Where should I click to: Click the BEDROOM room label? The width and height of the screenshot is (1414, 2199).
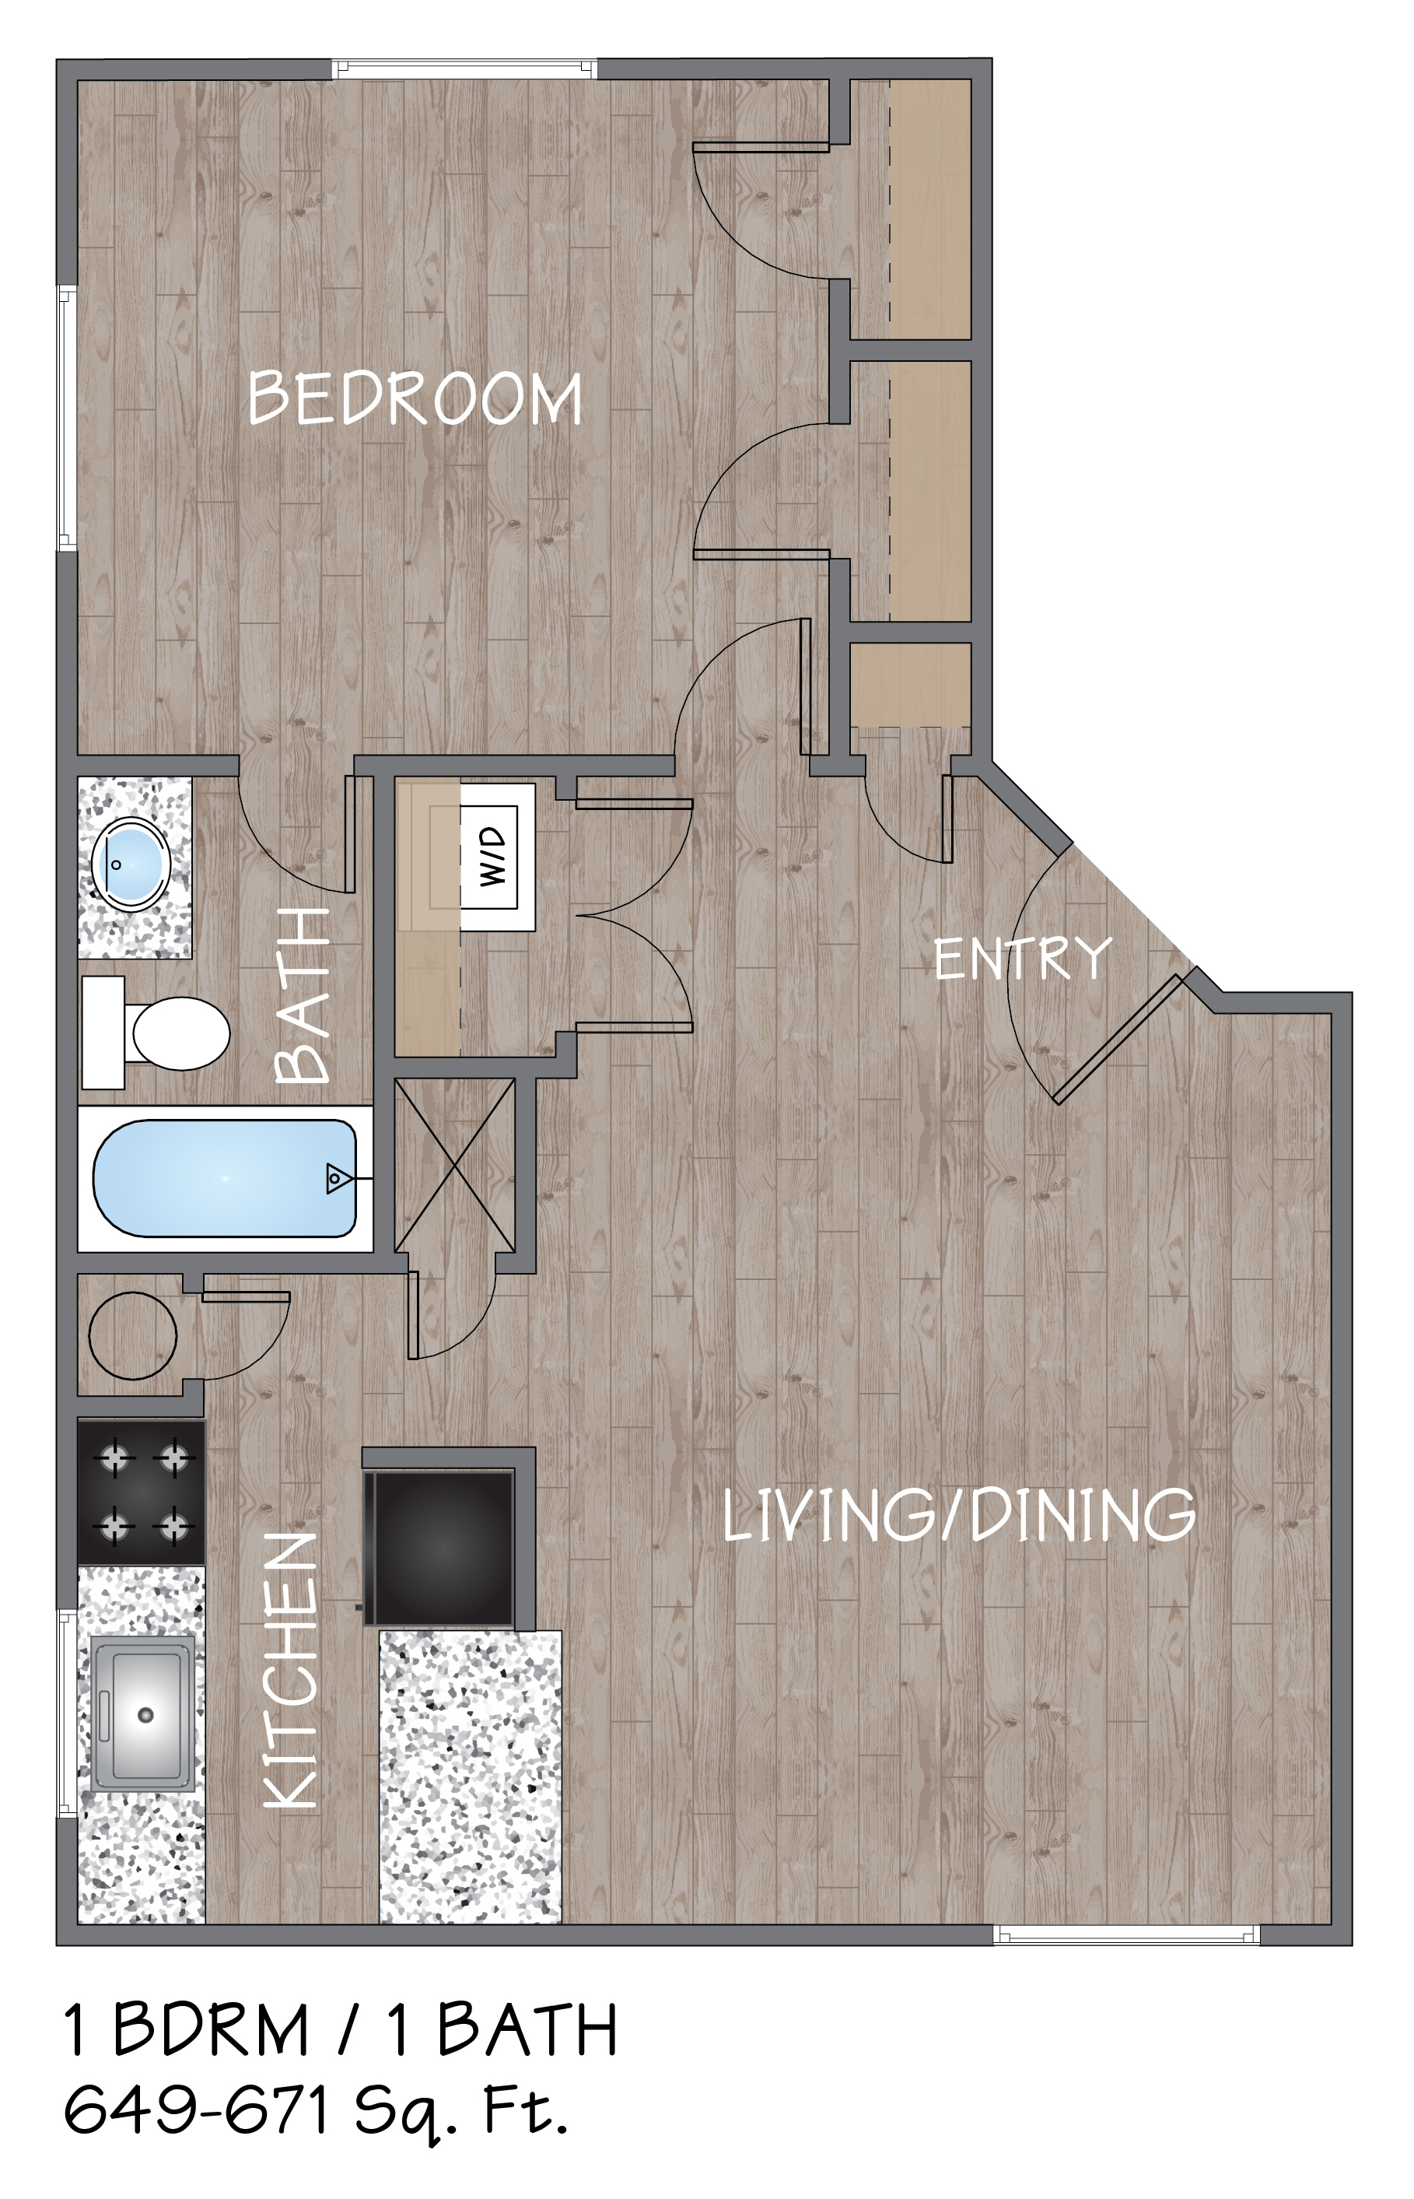(x=415, y=398)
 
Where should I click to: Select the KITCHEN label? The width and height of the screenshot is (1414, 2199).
(x=291, y=1670)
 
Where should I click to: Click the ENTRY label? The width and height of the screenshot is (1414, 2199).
(x=1023, y=958)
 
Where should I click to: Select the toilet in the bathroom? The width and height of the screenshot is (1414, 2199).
(x=156, y=1033)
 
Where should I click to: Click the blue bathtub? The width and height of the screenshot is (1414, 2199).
(x=225, y=1179)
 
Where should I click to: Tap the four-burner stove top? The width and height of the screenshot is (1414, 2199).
(x=142, y=1493)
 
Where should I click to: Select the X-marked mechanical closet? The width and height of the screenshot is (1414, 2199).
(x=454, y=1165)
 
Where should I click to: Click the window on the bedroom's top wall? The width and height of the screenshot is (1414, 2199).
(x=464, y=69)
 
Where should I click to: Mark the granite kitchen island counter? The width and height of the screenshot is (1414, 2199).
(x=470, y=1776)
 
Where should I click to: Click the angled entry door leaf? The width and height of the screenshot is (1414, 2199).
(x=1119, y=1039)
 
